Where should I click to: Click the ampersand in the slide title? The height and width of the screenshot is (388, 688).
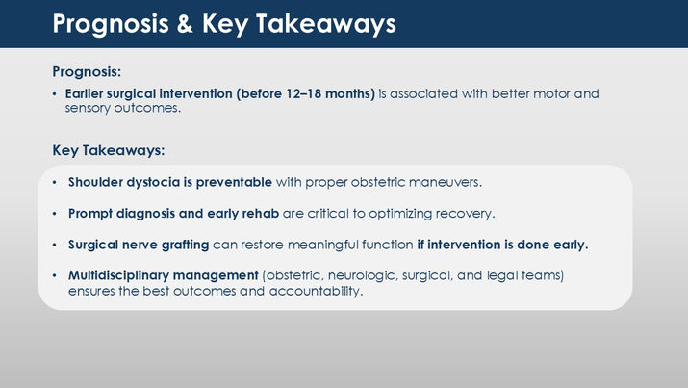185,24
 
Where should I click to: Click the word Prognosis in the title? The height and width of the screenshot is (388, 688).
111,25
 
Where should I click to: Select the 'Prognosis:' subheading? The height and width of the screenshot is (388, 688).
87,71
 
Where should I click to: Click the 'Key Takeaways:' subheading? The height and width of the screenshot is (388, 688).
109,150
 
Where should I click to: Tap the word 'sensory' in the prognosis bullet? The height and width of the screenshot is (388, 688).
88,108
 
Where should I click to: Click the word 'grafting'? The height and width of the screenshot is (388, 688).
185,245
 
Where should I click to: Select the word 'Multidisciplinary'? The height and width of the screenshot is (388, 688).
118,275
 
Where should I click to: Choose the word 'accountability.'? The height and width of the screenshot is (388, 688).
316,291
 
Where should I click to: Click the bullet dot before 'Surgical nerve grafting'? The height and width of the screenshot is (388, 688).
55,245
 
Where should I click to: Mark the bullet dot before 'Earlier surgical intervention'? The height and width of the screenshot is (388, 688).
55,94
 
